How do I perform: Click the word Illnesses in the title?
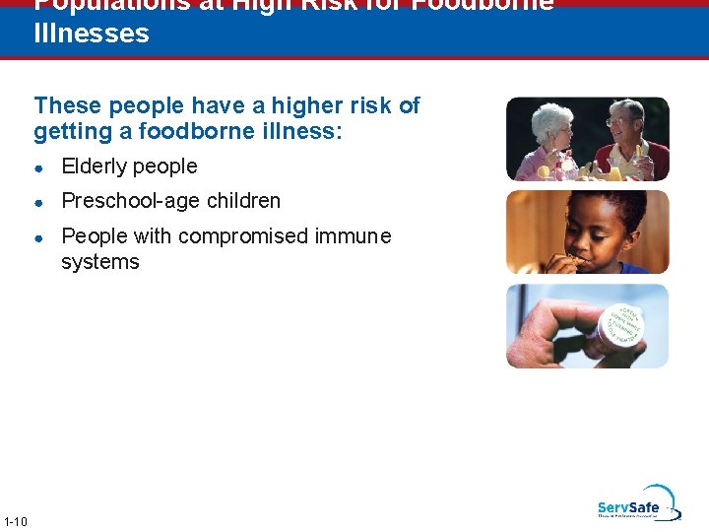coord(92,34)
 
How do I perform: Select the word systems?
coord(100,262)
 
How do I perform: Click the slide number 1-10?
coord(16,521)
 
